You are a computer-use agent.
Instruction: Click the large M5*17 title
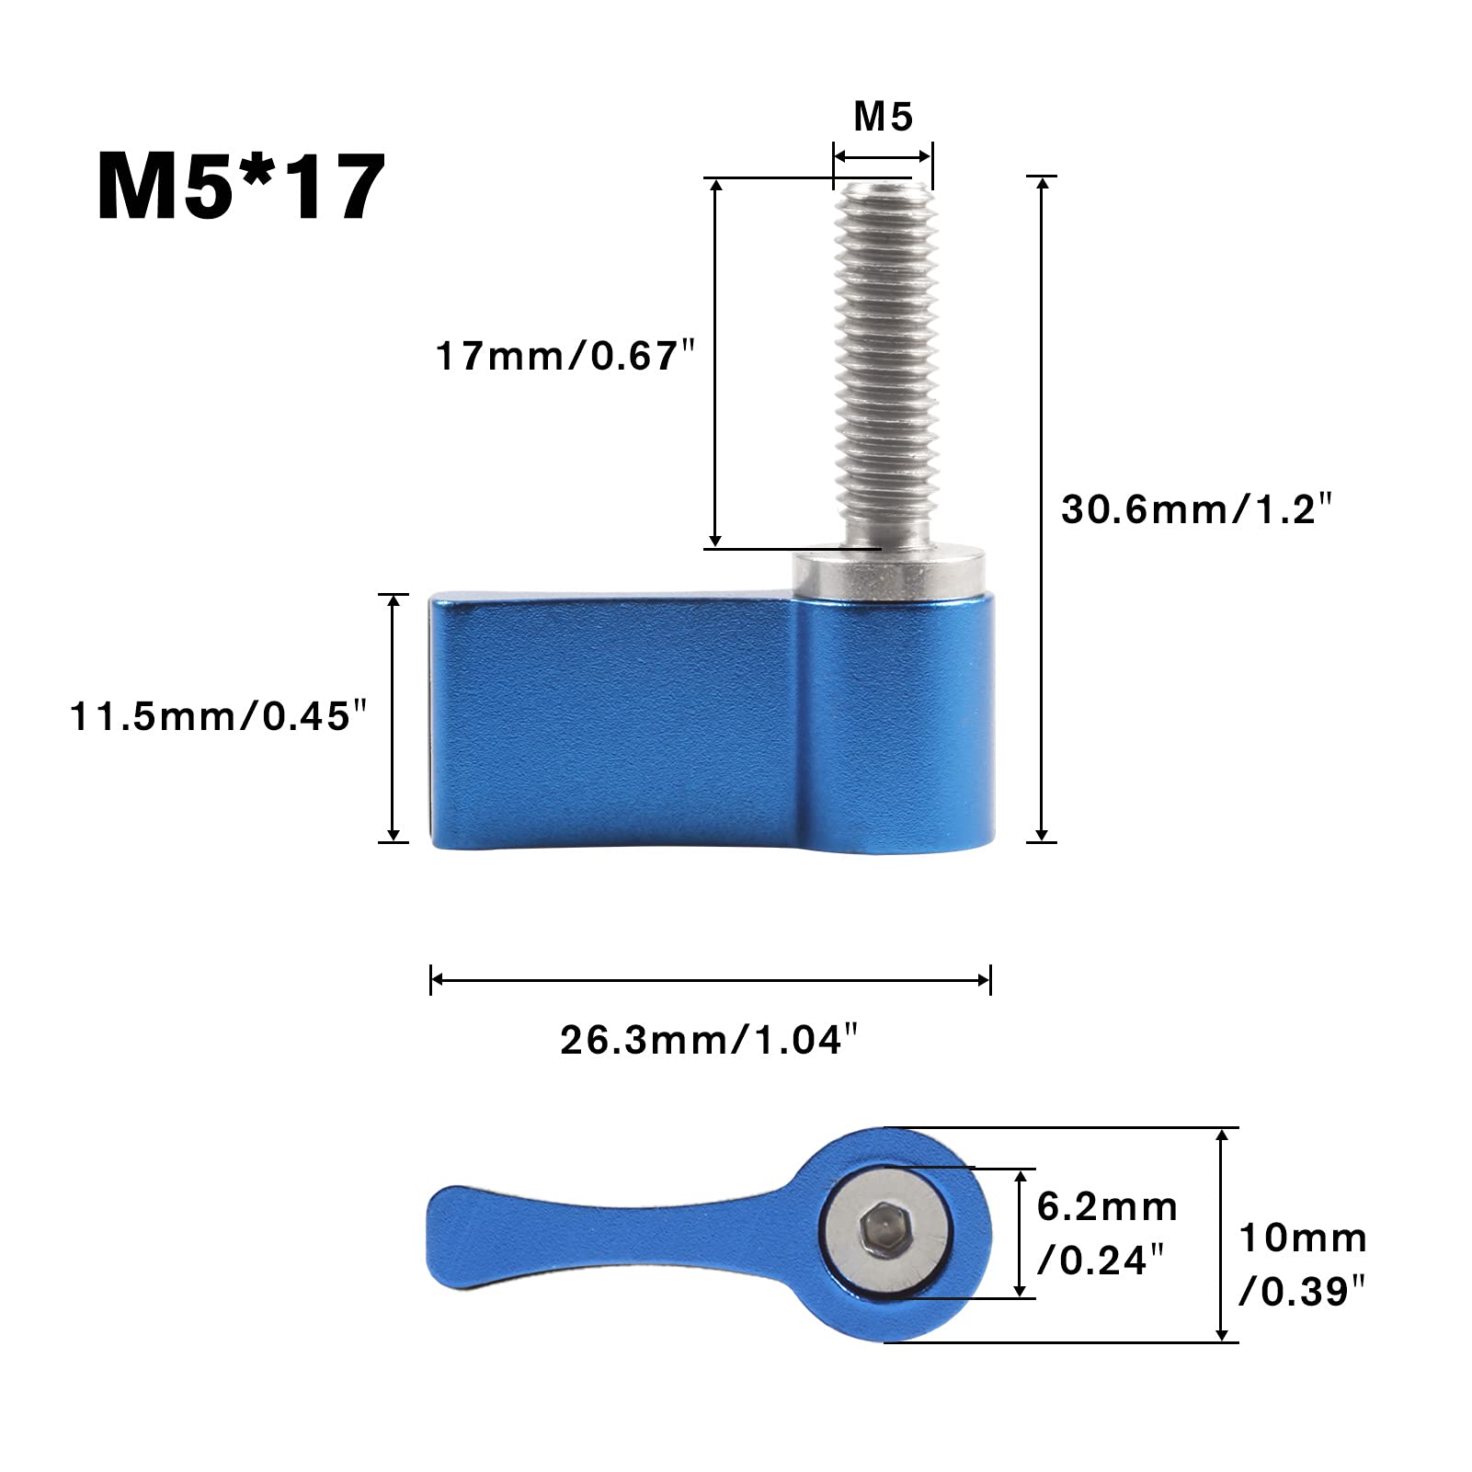[240, 188]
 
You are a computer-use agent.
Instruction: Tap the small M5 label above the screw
[883, 118]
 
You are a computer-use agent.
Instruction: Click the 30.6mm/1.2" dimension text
[1196, 508]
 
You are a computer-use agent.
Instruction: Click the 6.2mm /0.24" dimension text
[1107, 1233]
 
